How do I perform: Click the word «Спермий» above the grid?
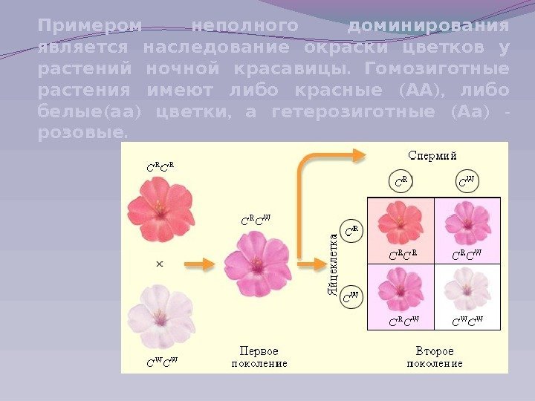click(x=433, y=156)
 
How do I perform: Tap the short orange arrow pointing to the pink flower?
click(x=199, y=263)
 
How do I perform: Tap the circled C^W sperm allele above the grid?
click(x=467, y=181)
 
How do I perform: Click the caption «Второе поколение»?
click(x=434, y=356)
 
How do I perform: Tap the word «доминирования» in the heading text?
click(x=429, y=27)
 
